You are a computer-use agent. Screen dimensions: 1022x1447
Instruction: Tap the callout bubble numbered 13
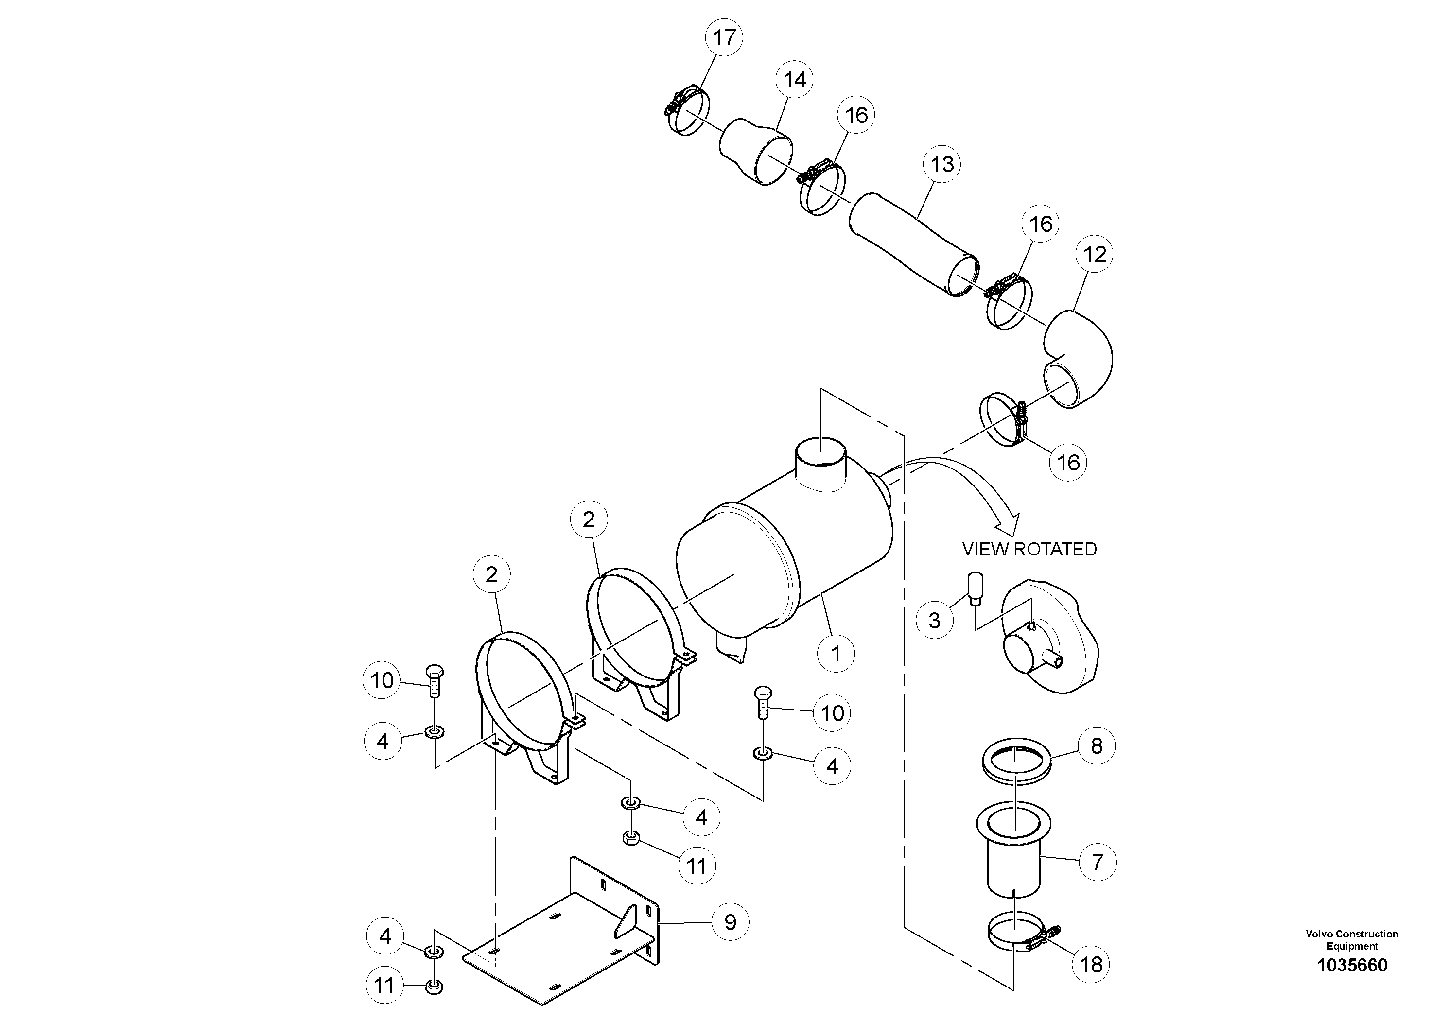click(x=941, y=164)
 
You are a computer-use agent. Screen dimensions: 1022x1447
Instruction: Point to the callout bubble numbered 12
click(x=1095, y=254)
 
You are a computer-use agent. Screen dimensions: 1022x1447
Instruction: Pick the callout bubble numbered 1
click(x=836, y=654)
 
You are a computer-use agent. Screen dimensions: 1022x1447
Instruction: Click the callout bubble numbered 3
click(x=935, y=620)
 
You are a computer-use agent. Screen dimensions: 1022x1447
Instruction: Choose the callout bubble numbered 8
click(x=1097, y=745)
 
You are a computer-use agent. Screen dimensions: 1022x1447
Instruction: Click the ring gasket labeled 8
click(x=1016, y=761)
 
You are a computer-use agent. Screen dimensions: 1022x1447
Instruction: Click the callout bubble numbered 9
click(x=730, y=922)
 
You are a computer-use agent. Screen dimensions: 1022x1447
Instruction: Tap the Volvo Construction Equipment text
click(x=1352, y=939)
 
